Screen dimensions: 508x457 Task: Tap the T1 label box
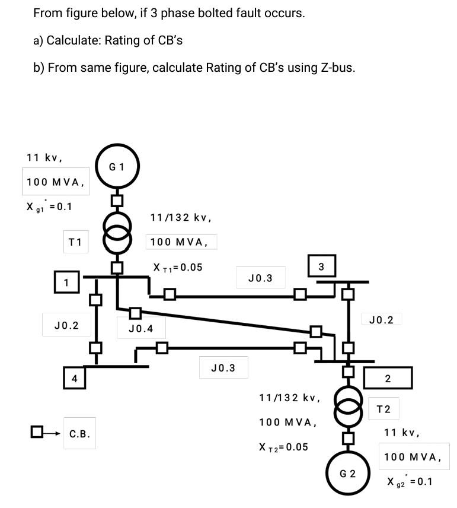[x=75, y=242]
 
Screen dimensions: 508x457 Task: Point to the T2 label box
[x=384, y=409]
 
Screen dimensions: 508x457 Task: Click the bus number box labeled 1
[x=66, y=282]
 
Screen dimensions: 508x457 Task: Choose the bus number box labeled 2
[x=387, y=378]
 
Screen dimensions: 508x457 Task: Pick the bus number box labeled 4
[x=75, y=378]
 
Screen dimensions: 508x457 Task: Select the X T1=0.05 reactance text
[x=178, y=268]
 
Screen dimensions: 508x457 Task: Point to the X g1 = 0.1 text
[x=49, y=207]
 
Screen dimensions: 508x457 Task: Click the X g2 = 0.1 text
[x=410, y=481]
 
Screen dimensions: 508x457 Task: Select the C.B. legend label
[x=79, y=434]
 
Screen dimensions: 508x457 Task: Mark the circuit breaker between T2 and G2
[x=348, y=439]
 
